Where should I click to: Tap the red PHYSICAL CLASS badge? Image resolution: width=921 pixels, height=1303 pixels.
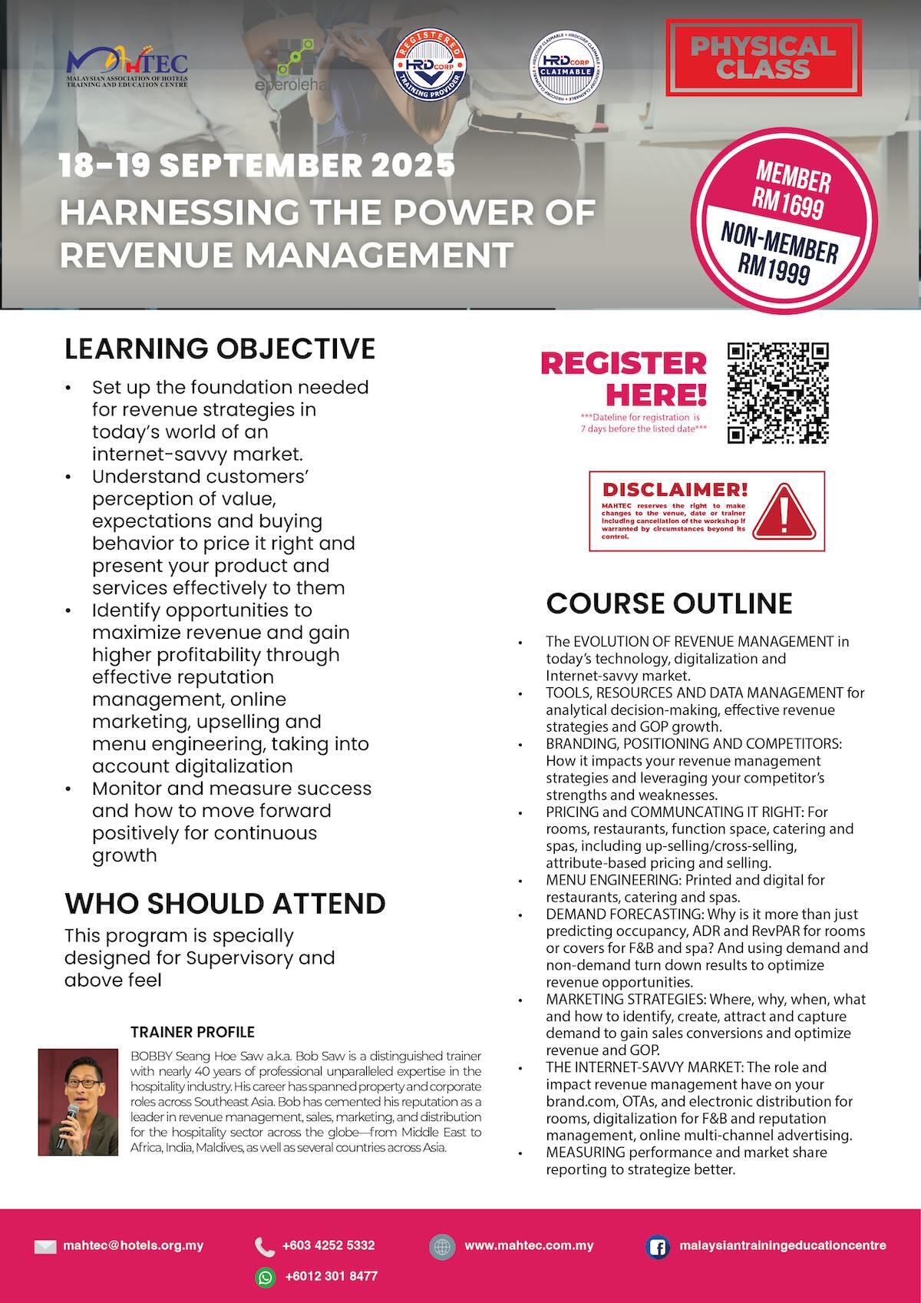[x=762, y=58]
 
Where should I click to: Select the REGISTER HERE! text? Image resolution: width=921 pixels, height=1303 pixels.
[x=623, y=379]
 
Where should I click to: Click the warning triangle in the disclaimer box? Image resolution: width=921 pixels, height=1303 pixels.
[x=783, y=511]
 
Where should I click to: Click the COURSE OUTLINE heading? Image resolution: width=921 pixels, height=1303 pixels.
[x=668, y=603]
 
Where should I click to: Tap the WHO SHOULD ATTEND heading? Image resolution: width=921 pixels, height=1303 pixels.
[x=224, y=903]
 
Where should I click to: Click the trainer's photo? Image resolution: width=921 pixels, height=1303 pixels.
[x=78, y=1102]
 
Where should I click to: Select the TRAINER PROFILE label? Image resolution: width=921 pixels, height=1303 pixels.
[x=193, y=1032]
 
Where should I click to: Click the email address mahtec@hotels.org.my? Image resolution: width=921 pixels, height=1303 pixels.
[x=133, y=1245]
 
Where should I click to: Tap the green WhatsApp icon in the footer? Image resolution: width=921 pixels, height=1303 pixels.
[x=265, y=1276]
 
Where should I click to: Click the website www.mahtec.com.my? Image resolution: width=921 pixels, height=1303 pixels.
[x=529, y=1245]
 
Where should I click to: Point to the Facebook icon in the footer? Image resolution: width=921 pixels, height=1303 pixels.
[x=657, y=1246]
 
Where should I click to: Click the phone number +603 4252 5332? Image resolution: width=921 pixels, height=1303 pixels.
[x=328, y=1245]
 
